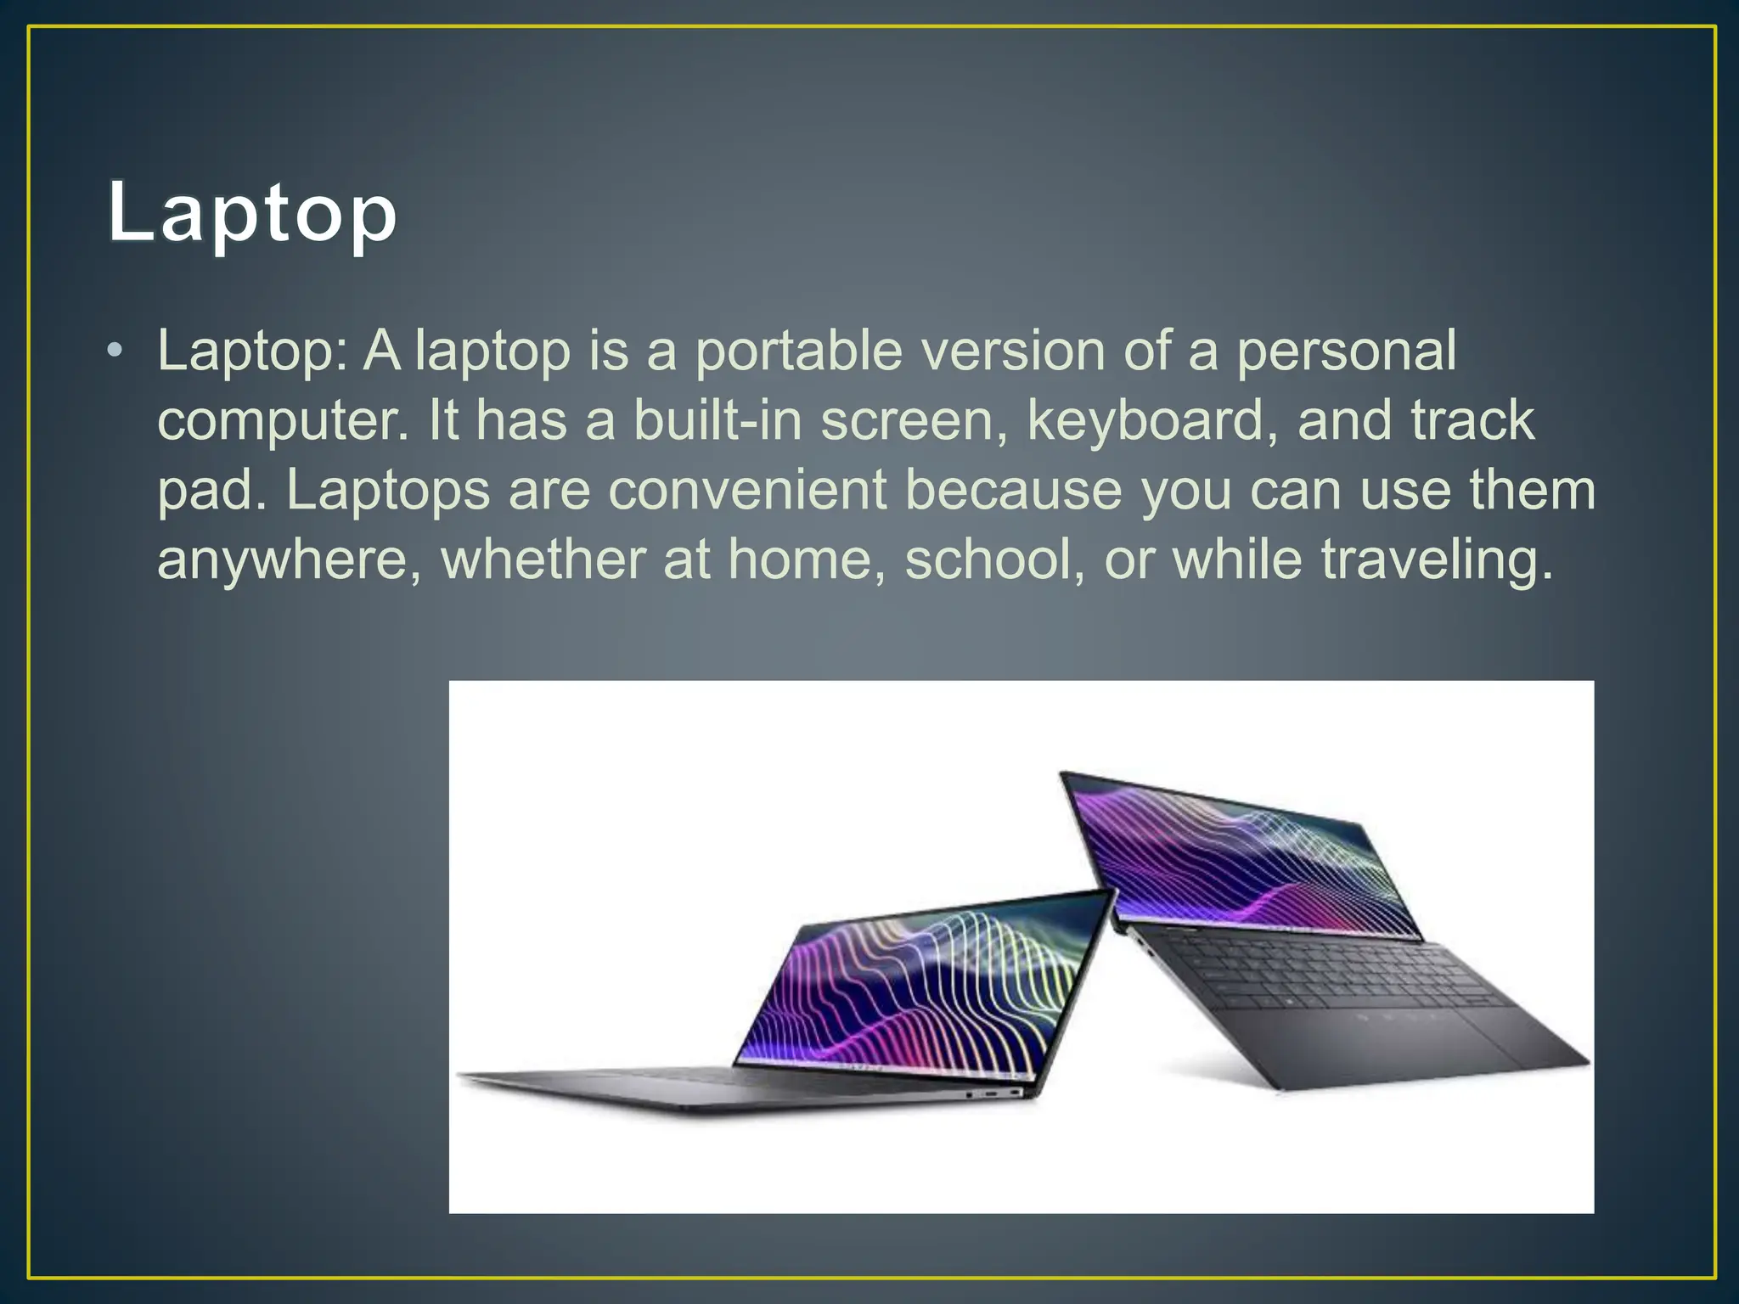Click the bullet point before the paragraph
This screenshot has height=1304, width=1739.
point(115,351)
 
